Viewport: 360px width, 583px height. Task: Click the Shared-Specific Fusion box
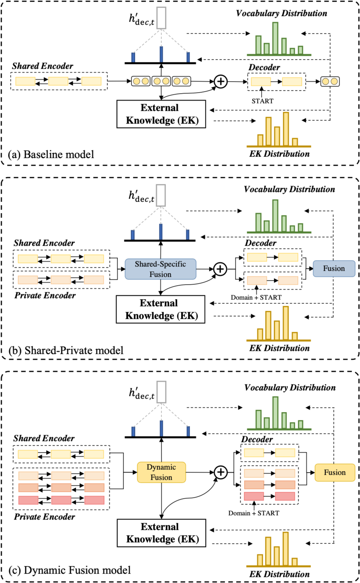click(x=160, y=269)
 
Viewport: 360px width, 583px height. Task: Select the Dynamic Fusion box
click(x=161, y=472)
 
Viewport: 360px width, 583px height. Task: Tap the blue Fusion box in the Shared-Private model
click(x=334, y=268)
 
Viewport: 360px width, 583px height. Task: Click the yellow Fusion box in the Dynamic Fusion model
click(x=335, y=472)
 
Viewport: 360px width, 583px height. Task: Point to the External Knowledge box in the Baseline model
click(x=161, y=114)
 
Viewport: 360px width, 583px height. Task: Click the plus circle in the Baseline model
click(x=220, y=81)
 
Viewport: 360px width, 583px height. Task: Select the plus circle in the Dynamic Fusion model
click(x=220, y=472)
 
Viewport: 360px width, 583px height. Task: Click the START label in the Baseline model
click(x=262, y=101)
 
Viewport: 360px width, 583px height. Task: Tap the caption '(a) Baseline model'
click(x=51, y=154)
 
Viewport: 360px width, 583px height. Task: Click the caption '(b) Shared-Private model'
click(x=66, y=350)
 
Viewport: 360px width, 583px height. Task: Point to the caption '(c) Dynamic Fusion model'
click(x=69, y=570)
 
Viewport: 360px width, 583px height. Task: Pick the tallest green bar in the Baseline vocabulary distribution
click(x=275, y=38)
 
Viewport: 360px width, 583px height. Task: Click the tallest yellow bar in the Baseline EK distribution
click(x=286, y=129)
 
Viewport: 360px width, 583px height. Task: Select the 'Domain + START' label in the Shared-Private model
click(x=256, y=297)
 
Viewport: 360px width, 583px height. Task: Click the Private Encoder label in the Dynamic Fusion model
click(x=44, y=517)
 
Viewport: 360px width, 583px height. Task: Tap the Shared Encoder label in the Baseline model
click(x=42, y=66)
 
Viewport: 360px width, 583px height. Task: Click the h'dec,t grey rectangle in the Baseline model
click(x=161, y=18)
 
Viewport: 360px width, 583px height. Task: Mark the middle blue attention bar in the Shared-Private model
click(x=161, y=232)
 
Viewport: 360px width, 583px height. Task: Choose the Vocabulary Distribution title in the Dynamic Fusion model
click(x=290, y=387)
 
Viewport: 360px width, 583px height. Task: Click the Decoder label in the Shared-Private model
click(x=260, y=243)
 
